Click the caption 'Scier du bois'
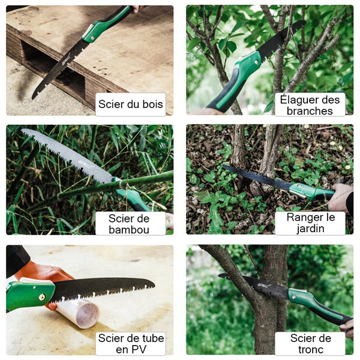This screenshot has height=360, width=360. [x=131, y=104]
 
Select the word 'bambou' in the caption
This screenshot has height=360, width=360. [x=129, y=230]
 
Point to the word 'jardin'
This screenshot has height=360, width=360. [x=310, y=229]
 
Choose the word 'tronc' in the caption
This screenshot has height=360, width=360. [x=311, y=349]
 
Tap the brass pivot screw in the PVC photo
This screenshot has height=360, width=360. [x=42, y=297]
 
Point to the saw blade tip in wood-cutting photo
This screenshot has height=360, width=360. [x=33, y=98]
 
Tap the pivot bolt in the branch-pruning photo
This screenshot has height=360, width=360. [x=257, y=62]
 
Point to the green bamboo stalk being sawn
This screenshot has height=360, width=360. [x=115, y=185]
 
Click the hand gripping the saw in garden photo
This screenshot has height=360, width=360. [x=341, y=197]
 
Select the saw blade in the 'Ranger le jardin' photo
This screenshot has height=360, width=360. [x=256, y=177]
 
